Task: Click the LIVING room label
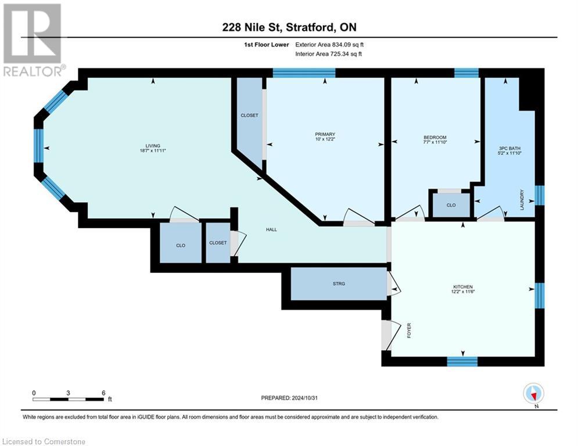pyautogui.click(x=153, y=146)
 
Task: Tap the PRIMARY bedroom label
pyautogui.click(x=325, y=134)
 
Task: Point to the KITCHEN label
pyautogui.click(x=462, y=287)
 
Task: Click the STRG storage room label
pyautogui.click(x=339, y=283)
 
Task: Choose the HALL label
pyautogui.click(x=271, y=229)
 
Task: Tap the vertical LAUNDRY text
pyautogui.click(x=522, y=200)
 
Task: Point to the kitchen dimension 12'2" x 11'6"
pyautogui.click(x=462, y=293)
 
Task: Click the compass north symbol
pyautogui.click(x=533, y=393)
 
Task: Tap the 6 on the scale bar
pyautogui.click(x=103, y=393)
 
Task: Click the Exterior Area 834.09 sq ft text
pyautogui.click(x=329, y=44)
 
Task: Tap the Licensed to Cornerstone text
pyautogui.click(x=44, y=442)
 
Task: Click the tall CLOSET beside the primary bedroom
pyautogui.click(x=249, y=116)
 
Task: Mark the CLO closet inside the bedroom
pyautogui.click(x=451, y=205)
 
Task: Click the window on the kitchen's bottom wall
pyautogui.click(x=462, y=361)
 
